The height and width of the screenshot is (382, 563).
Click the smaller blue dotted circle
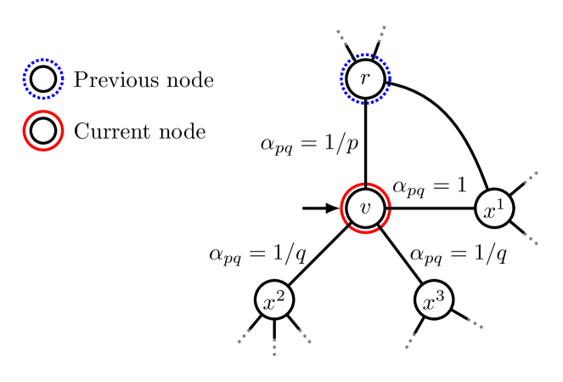point(43,79)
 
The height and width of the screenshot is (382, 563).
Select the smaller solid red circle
point(43,131)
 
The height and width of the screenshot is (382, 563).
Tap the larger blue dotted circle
point(365,79)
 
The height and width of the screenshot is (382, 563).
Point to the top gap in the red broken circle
point(366,184)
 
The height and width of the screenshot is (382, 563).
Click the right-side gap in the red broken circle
point(390,208)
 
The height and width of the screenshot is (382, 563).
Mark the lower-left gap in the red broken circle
point(349,225)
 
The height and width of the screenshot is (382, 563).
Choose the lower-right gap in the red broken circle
point(380,227)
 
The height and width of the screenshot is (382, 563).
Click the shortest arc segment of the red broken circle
point(387,219)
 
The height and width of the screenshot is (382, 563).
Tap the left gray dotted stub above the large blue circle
point(341,37)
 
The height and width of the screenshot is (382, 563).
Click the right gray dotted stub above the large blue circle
point(382,34)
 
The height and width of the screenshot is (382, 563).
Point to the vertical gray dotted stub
point(274,346)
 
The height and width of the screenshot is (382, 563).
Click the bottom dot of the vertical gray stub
point(274,354)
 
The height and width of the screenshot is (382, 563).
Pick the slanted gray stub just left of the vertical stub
point(244,336)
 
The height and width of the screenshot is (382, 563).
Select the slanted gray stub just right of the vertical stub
point(305,336)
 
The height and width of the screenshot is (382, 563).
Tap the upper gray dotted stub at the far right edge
point(531,178)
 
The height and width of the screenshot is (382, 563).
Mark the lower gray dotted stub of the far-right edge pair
point(531,238)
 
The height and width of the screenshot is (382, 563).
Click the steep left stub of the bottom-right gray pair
point(411,341)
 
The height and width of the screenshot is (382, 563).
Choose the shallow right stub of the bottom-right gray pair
point(476,323)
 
